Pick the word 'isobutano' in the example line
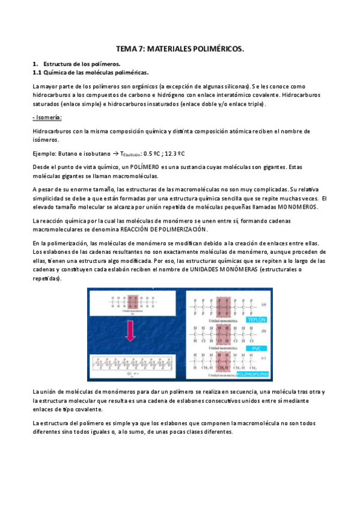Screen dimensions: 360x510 point(97,153)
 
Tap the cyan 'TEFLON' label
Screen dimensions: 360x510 point(257,319)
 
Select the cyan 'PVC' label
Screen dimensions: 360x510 point(255,348)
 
